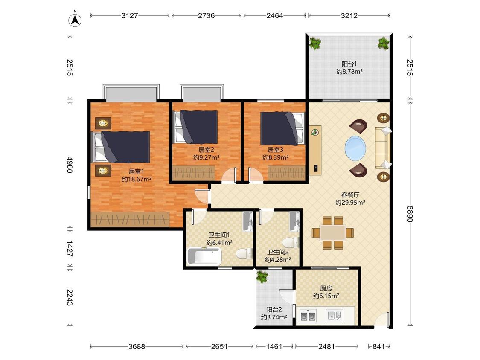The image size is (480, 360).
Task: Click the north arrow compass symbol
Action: [x=75, y=20]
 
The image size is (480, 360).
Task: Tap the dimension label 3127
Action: [x=129, y=16]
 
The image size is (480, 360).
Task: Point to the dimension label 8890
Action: [x=410, y=214]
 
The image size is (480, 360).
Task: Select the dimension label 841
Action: [x=378, y=346]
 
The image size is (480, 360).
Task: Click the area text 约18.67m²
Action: [x=137, y=180]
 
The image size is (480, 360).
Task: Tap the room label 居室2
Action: [x=206, y=150]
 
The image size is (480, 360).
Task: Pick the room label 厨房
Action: [x=326, y=288]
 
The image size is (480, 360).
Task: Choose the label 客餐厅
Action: [x=350, y=195]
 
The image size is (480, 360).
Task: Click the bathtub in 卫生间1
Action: [x=204, y=256]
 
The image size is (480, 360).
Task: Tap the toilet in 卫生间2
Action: [x=291, y=242]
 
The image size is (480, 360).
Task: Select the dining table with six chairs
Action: [x=333, y=232]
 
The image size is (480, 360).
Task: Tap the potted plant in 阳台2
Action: [x=262, y=277]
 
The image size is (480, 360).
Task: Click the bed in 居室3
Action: [x=283, y=128]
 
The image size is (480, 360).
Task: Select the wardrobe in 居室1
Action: [x=130, y=220]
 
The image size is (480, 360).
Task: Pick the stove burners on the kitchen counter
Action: [x=308, y=316]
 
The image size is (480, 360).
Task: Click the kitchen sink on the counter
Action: [x=335, y=315]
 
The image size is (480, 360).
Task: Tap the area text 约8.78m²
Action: [x=349, y=72]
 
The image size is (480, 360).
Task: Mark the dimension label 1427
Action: [x=70, y=249]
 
